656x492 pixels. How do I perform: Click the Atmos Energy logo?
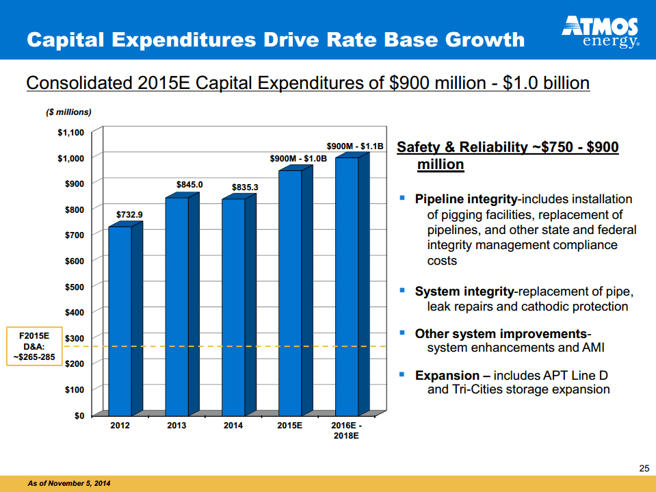coord(600,32)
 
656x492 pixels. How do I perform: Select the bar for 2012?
coord(120,320)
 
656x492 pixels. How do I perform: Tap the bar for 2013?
coord(177,305)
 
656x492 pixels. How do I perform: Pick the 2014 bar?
coord(233,307)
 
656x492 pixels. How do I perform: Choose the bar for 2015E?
coord(290,292)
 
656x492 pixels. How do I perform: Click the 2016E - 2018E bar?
coord(347,286)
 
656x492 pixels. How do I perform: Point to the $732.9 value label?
coord(129,215)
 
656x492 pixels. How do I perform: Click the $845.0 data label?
coord(189,185)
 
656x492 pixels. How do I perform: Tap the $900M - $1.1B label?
coord(356,146)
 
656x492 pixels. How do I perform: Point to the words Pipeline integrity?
coord(466,199)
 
